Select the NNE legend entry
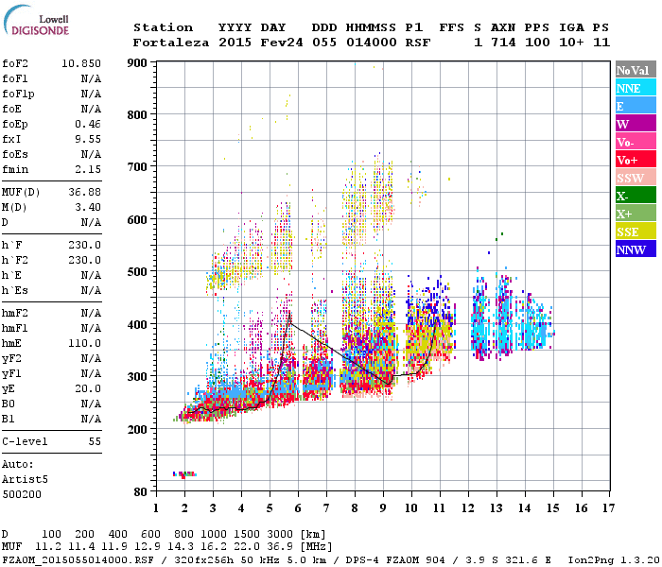tap(636, 88)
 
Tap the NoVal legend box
tap(636, 70)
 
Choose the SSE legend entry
tap(636, 232)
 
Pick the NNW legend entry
tap(636, 249)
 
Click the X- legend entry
tap(636, 196)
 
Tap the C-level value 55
tap(96, 441)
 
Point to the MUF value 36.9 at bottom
tap(286, 546)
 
